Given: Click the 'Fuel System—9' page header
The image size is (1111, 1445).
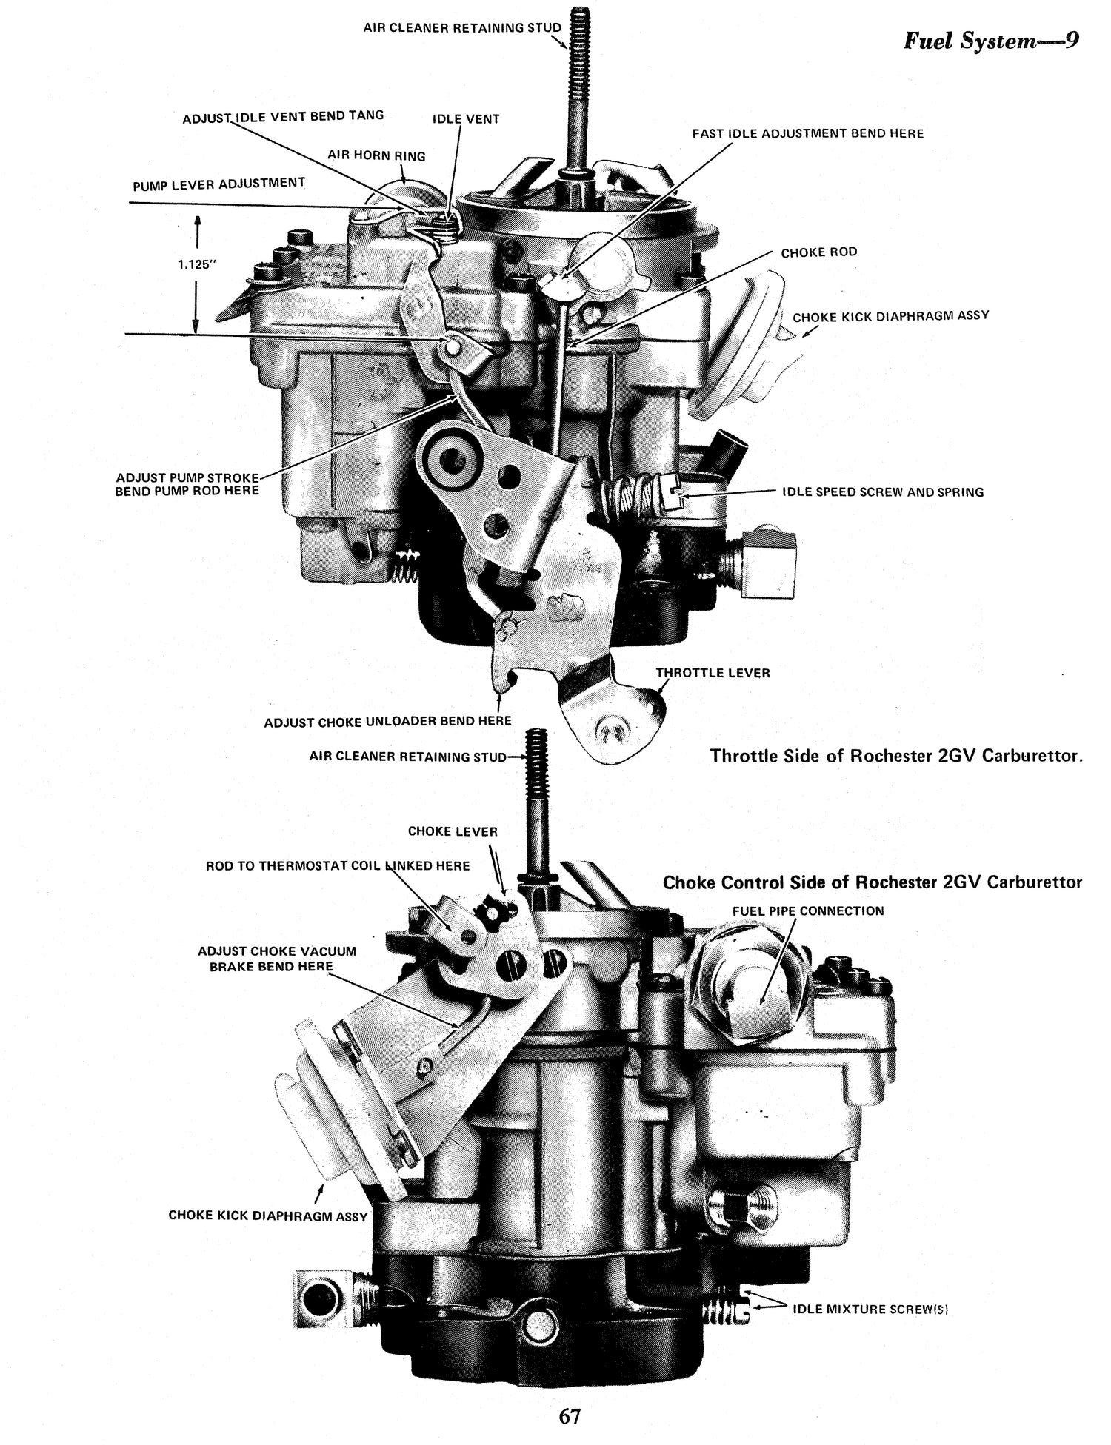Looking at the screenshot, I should pyautogui.click(x=989, y=41).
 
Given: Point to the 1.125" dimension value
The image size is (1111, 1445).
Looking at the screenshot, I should pyautogui.click(x=196, y=264).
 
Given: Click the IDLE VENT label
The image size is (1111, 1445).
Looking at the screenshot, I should pyautogui.click(x=466, y=119).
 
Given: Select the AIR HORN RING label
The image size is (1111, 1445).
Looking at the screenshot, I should pyautogui.click(x=376, y=156).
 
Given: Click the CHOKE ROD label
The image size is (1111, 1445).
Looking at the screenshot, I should pyautogui.click(x=818, y=252).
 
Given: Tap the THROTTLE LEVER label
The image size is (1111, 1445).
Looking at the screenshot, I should pyautogui.click(x=713, y=673).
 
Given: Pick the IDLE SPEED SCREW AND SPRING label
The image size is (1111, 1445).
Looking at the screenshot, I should pyautogui.click(x=882, y=492).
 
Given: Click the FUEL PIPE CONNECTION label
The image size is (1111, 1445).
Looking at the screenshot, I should pyautogui.click(x=807, y=911).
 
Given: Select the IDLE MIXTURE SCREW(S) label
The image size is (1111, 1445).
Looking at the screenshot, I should pyautogui.click(x=870, y=1309).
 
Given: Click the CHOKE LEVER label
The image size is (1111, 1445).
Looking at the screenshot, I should pyautogui.click(x=453, y=831).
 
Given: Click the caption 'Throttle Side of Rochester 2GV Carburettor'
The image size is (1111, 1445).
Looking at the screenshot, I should pyautogui.click(x=896, y=757).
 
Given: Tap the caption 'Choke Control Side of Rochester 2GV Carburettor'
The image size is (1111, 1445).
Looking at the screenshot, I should pyautogui.click(x=872, y=882).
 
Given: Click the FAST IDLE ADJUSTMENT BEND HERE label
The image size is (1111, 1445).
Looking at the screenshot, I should pyautogui.click(x=807, y=134).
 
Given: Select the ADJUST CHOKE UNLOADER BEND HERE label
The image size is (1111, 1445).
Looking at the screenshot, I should pyautogui.click(x=387, y=721).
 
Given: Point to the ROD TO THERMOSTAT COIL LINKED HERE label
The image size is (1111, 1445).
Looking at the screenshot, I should pyautogui.click(x=337, y=865).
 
